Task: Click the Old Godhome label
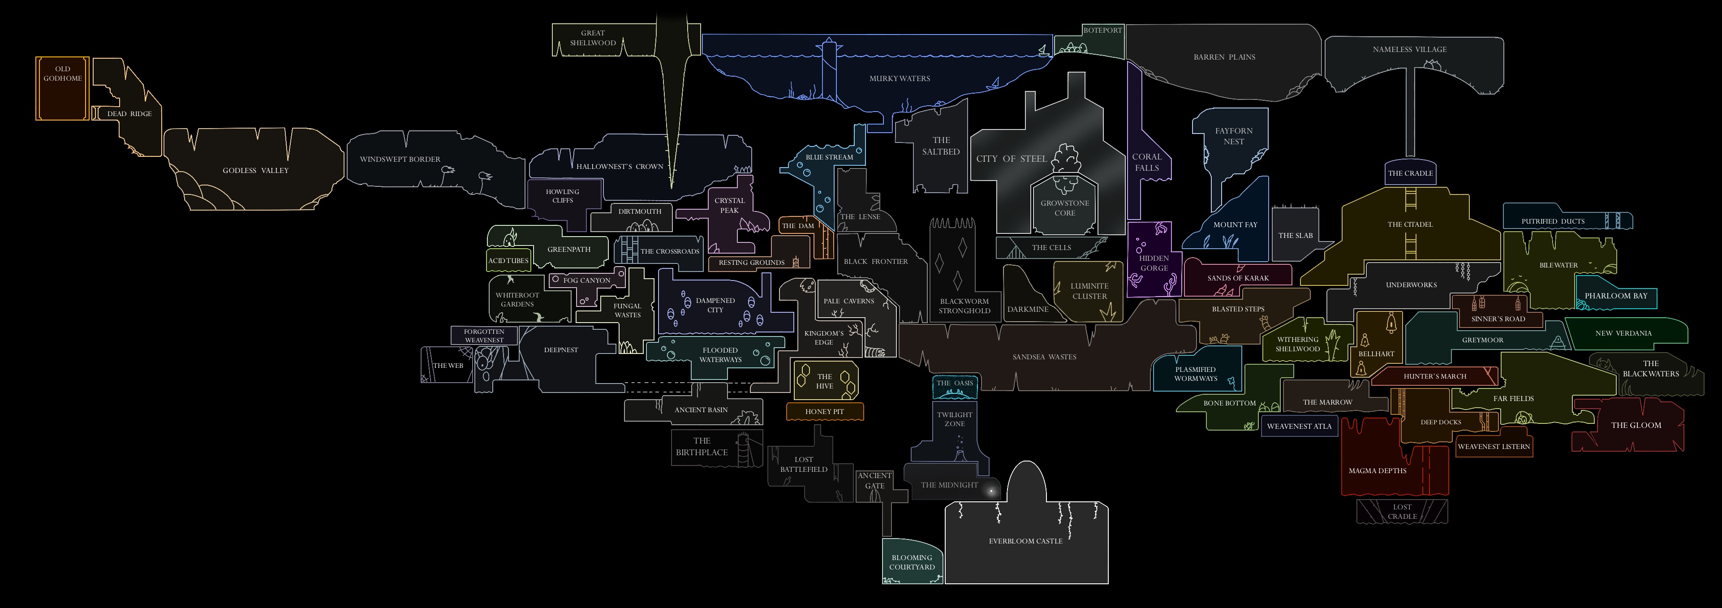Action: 63,73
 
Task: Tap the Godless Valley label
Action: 255,171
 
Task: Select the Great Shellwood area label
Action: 593,38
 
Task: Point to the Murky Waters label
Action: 900,79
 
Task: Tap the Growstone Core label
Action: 1065,208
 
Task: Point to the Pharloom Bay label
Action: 1616,296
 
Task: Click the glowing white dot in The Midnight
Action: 990,492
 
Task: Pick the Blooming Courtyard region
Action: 912,562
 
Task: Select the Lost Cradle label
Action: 1402,512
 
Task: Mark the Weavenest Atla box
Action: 1299,426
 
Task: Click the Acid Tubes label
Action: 508,261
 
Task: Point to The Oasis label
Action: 955,383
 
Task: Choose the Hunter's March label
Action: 1434,376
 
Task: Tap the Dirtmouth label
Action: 640,211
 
